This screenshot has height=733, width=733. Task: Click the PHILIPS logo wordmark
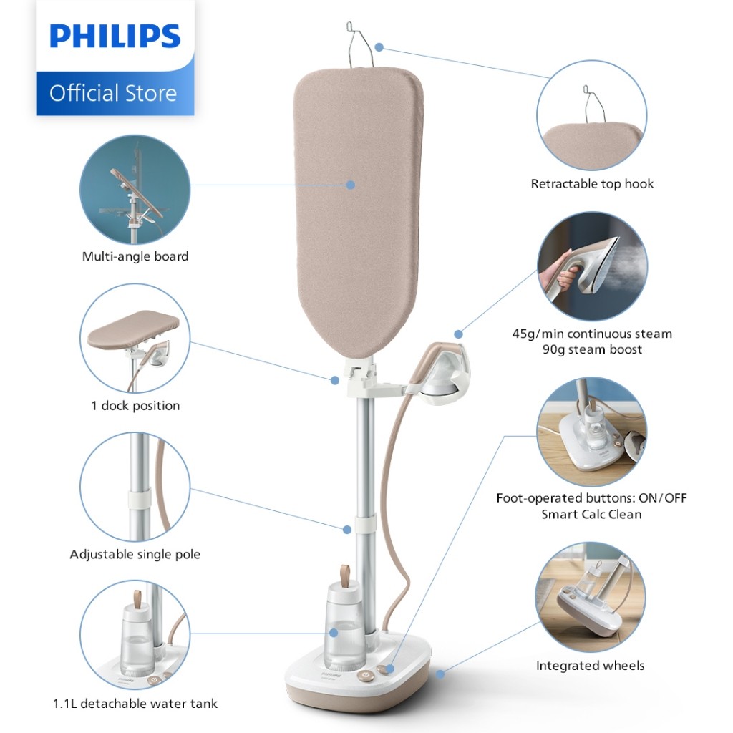(x=115, y=36)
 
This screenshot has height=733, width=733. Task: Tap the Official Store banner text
(x=113, y=93)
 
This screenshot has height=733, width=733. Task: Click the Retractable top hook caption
(x=592, y=184)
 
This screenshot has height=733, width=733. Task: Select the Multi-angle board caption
(x=135, y=256)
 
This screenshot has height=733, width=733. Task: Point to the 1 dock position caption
(x=135, y=405)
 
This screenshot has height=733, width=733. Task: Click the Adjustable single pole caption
(x=135, y=555)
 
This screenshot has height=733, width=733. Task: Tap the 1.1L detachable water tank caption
(x=135, y=704)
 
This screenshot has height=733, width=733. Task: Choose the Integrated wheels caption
(x=590, y=666)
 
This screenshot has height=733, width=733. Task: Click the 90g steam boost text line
(x=592, y=349)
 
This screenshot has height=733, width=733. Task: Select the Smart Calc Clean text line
(x=591, y=514)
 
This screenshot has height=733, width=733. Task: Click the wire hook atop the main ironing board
(x=359, y=45)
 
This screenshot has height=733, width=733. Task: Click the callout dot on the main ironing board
(x=351, y=185)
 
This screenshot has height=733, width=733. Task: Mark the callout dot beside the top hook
(x=379, y=47)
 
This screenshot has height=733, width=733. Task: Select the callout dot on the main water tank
(x=334, y=633)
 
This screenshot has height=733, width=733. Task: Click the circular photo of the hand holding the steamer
(x=592, y=266)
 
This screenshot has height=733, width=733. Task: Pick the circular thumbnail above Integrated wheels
(x=591, y=597)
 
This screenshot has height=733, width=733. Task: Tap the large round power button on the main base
(x=365, y=676)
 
